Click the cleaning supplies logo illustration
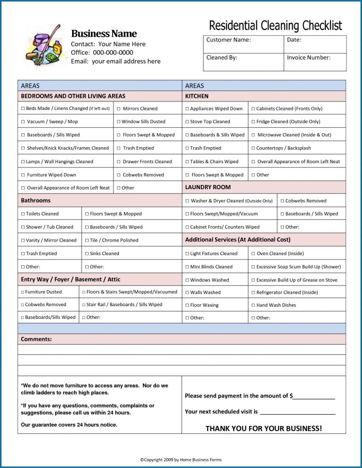click(x=43, y=46)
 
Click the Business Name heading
click(x=104, y=33)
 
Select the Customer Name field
click(x=243, y=44)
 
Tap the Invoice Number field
click(x=314, y=62)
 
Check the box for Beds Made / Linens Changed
click(x=23, y=109)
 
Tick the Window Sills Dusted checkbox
click(x=119, y=122)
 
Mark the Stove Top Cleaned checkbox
click(x=187, y=122)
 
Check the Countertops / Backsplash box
click(x=253, y=148)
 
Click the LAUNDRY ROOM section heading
click(x=208, y=187)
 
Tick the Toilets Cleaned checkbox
click(x=23, y=214)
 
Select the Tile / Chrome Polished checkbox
click(x=87, y=241)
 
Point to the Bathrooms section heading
click(x=36, y=201)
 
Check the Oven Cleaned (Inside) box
click(x=253, y=254)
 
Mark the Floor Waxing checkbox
click(x=187, y=305)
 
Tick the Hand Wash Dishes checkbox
click(x=253, y=305)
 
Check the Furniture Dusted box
click(x=23, y=292)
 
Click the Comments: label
click(x=36, y=339)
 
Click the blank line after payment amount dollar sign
click(x=314, y=396)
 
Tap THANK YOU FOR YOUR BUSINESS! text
click(x=263, y=428)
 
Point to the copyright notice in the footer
click(x=181, y=460)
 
